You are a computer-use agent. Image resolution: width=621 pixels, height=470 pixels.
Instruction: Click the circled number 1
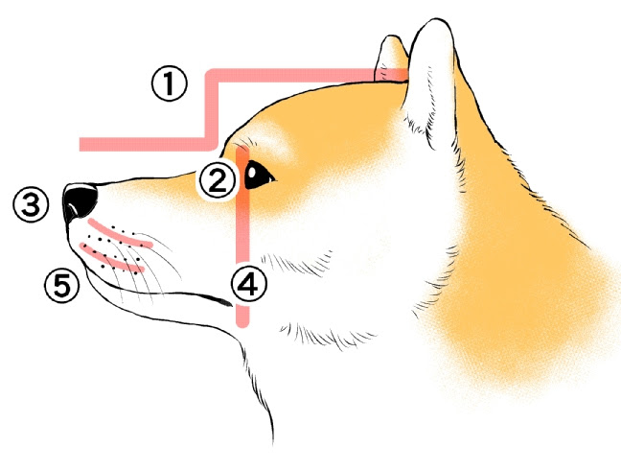click(x=169, y=85)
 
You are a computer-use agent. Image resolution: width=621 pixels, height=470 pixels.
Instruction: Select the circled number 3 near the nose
click(x=31, y=203)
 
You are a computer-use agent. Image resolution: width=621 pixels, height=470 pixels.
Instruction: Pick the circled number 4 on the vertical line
click(x=247, y=284)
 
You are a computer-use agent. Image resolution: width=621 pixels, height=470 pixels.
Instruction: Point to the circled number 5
click(x=61, y=285)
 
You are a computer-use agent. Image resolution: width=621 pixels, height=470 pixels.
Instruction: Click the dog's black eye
click(x=259, y=176)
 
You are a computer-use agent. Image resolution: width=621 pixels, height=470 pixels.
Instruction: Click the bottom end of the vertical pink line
click(x=243, y=324)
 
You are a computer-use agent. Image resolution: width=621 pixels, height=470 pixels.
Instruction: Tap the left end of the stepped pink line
click(x=84, y=145)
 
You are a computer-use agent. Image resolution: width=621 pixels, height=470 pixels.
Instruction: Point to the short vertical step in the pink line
click(x=212, y=108)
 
